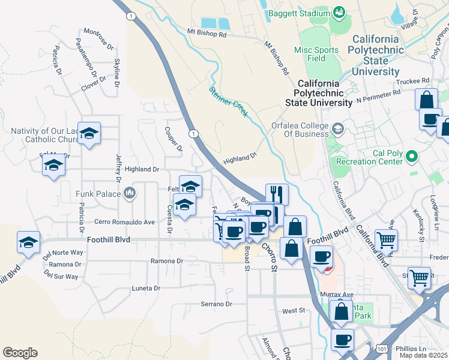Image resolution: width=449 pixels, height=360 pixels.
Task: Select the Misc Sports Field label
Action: click(x=318, y=54)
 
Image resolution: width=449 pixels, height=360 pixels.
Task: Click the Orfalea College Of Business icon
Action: click(x=338, y=127)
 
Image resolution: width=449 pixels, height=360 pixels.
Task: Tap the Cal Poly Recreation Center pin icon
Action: click(x=411, y=157)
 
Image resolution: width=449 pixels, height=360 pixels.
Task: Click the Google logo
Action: click(x=20, y=353)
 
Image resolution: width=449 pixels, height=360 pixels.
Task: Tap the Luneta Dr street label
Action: click(x=146, y=288)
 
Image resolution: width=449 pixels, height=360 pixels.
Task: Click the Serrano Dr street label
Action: click(x=216, y=304)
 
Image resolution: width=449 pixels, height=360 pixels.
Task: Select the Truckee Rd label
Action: click(x=413, y=80)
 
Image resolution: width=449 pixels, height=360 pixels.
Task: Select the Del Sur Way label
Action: click(x=61, y=277)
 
